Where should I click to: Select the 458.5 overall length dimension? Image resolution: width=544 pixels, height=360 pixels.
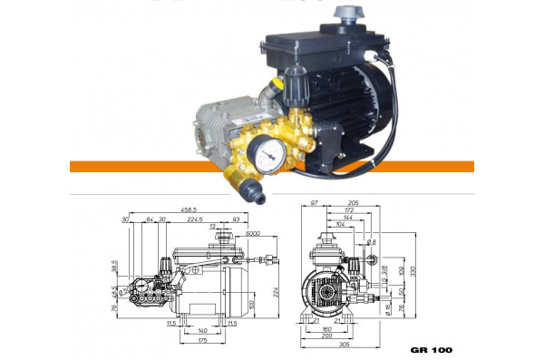click(x=189, y=209)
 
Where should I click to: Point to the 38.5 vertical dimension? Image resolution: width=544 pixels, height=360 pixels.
click(x=115, y=268)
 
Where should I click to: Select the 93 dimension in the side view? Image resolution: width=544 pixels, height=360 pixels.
click(x=237, y=219)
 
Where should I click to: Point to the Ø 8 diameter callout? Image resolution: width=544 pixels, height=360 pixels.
click(x=371, y=242)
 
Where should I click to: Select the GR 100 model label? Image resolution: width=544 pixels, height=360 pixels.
click(x=431, y=349)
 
